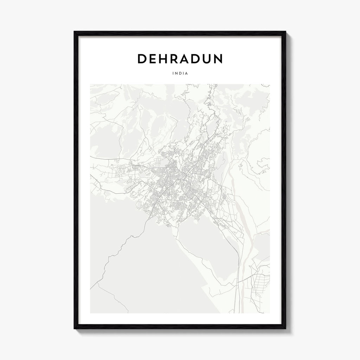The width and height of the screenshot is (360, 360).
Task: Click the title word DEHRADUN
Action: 180,59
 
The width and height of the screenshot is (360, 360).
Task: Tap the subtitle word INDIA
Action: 180,73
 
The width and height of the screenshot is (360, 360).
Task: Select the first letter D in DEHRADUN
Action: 142,59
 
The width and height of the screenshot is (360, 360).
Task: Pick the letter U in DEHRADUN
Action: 205,59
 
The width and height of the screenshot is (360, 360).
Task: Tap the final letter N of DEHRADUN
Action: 218,59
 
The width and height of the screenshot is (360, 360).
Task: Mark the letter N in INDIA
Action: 176,73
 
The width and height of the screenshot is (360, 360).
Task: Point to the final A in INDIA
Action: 186,73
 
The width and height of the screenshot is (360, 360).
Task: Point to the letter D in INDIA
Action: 180,73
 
